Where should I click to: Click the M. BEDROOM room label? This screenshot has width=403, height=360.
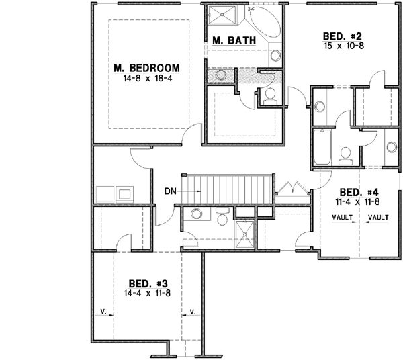tap(146, 68)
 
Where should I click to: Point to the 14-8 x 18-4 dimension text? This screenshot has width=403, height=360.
tap(146, 79)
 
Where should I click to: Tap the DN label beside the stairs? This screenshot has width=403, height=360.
tap(171, 191)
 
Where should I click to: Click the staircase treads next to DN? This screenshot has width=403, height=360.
tap(228, 185)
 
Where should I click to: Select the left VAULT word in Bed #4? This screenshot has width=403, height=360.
tap(343, 217)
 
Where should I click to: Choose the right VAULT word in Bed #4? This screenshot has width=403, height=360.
tap(379, 217)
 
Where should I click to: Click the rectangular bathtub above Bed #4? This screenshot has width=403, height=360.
tap(321, 147)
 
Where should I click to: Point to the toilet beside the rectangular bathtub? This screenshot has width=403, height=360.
tap(345, 154)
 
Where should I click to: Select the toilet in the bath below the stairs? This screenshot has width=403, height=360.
tap(196, 214)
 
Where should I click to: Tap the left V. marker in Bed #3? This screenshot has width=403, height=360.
tap(104, 311)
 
